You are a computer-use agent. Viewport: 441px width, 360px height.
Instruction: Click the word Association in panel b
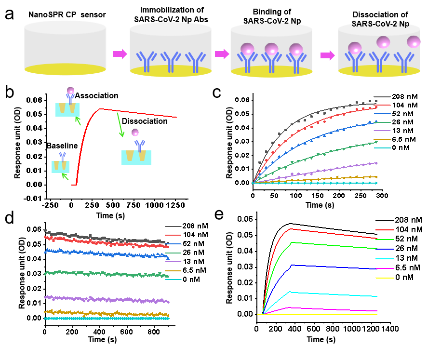96,96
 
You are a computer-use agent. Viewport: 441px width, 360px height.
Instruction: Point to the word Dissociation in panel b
145,121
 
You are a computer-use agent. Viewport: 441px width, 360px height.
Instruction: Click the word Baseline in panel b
63,145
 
